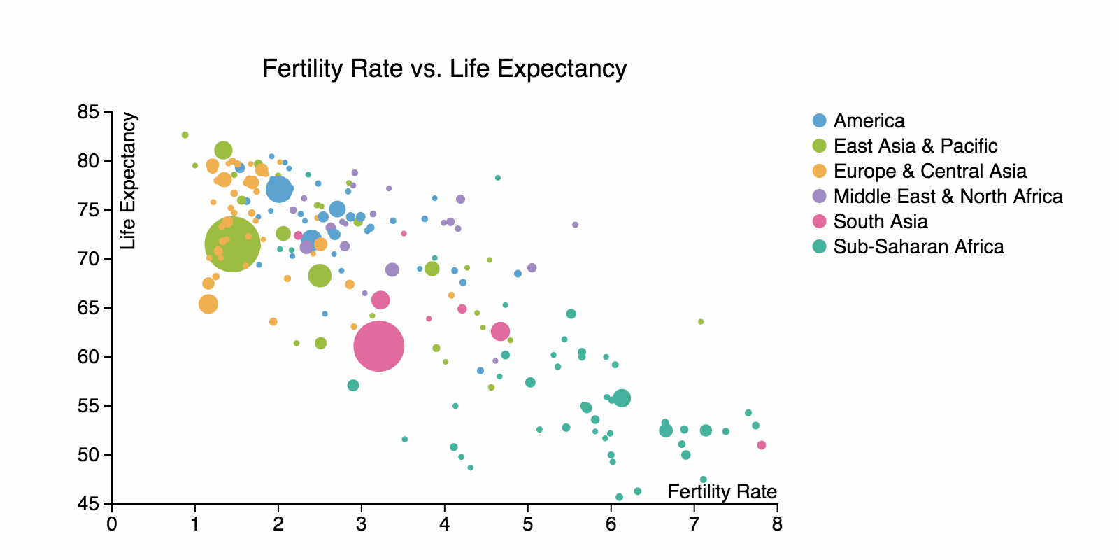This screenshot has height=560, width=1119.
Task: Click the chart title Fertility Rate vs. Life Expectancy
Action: tap(444, 69)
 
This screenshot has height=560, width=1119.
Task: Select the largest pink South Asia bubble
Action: tap(379, 346)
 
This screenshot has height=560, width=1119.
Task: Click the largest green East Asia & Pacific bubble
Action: tap(232, 244)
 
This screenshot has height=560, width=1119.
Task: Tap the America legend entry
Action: tap(869, 120)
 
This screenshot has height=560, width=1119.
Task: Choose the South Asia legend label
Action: tap(881, 221)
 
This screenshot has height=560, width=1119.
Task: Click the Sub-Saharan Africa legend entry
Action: tap(918, 246)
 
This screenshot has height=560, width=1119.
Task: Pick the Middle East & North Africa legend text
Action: tap(948, 196)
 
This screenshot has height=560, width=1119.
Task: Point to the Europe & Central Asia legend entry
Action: tap(929, 171)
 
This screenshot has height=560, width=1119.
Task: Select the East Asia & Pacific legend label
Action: tap(915, 146)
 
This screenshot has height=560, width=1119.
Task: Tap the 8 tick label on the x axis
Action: tap(777, 524)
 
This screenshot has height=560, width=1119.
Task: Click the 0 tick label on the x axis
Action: tap(112, 524)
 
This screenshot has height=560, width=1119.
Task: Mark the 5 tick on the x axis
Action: tap(528, 524)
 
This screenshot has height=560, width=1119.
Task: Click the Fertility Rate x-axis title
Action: tap(722, 492)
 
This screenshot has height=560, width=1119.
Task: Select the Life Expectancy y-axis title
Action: tap(129, 181)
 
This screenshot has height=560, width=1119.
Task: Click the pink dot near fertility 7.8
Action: tap(762, 445)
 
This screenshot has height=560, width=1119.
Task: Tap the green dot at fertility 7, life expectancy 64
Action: tap(701, 322)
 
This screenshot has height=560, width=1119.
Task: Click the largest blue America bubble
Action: tap(279, 189)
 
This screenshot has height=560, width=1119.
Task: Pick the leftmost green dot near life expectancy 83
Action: tap(185, 135)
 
